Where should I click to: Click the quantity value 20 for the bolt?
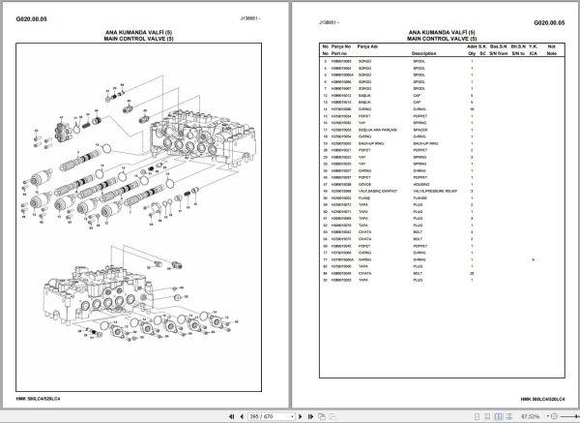point(472,273)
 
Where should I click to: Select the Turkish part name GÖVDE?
point(365,184)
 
